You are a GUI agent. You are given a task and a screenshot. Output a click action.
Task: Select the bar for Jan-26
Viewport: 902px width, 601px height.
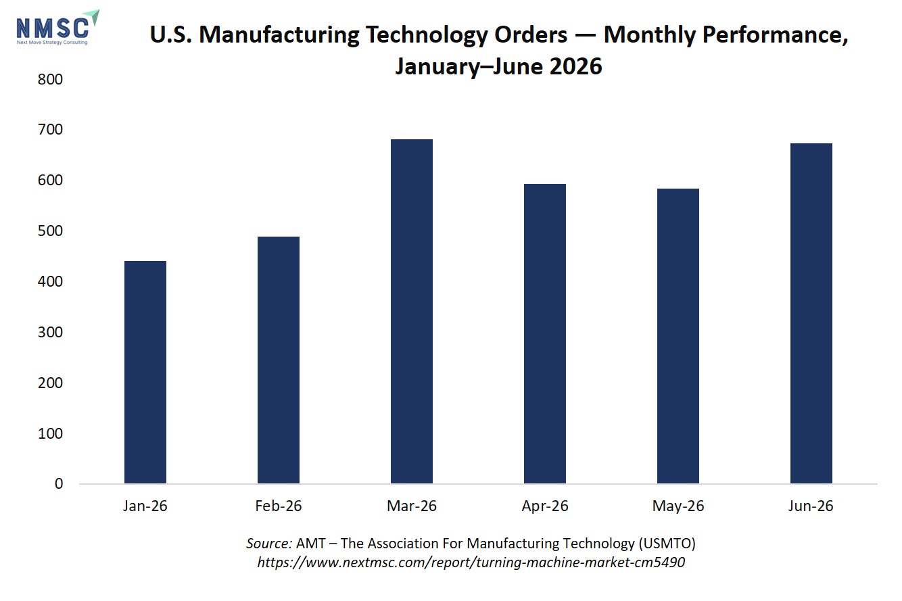coord(145,372)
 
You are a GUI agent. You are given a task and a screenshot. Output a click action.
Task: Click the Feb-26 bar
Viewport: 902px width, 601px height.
coord(279,360)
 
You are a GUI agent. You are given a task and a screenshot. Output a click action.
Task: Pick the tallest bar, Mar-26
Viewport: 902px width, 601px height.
coord(412,311)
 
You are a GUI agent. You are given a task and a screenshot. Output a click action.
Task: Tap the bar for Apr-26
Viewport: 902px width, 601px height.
coord(545,334)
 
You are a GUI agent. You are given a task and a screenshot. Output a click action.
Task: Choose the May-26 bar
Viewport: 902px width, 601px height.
coord(678,336)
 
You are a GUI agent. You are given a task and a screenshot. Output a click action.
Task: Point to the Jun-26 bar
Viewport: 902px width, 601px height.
coord(811,313)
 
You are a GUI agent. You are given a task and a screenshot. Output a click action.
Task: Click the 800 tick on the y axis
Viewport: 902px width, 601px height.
coord(50,79)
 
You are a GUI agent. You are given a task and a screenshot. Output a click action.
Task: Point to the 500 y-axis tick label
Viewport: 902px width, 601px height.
coord(50,231)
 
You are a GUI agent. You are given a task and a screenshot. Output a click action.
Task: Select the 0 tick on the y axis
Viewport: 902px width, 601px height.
coord(59,483)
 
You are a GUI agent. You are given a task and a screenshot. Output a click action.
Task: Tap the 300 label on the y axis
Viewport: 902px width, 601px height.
coord(50,332)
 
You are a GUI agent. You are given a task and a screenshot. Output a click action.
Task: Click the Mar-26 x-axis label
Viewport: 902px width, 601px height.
coord(412,506)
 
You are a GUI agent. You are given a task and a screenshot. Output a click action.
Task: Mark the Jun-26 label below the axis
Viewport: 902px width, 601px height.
coord(811,506)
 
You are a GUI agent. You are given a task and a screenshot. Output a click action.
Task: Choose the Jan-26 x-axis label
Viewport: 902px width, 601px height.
coord(145,506)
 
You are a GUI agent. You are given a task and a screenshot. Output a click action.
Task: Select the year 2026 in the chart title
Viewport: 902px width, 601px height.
coord(575,66)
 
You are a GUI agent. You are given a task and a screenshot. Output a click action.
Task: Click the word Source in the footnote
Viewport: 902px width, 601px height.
coord(269,544)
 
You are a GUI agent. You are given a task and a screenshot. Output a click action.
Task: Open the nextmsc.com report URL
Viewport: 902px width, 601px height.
coord(471,562)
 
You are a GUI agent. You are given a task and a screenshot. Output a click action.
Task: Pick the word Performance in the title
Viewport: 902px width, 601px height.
coord(775,35)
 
